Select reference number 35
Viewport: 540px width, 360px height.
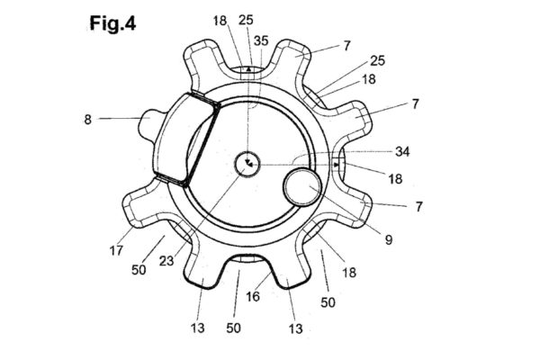tap(261, 40)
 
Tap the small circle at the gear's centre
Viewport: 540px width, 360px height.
tap(247, 163)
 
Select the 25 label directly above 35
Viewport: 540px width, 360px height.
tap(246, 19)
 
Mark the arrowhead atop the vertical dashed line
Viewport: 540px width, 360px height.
tap(247, 67)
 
